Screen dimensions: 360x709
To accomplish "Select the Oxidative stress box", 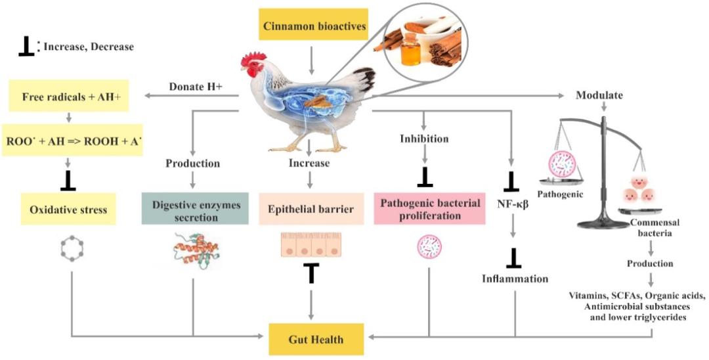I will click(68, 210).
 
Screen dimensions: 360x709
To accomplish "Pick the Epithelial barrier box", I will click(311, 210).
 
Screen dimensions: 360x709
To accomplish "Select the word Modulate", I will click(599, 95).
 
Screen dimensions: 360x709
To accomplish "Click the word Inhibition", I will click(424, 139).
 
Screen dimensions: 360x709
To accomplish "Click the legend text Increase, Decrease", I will click(88, 47).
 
